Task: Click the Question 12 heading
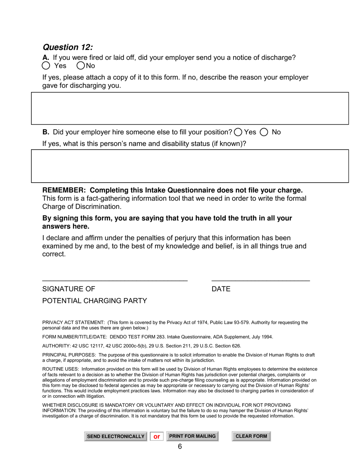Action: (67, 47)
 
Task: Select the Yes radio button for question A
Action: (46, 66)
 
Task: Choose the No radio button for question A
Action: (81, 66)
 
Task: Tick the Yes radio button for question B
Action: (238, 132)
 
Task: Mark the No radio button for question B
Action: (264, 132)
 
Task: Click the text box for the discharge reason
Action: (189, 108)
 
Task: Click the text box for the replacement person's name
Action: (189, 166)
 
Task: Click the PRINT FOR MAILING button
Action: (192, 436)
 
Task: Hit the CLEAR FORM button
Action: (251, 436)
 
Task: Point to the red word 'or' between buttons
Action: (157, 436)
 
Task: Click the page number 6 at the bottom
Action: (180, 447)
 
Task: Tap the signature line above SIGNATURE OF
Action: (115, 279)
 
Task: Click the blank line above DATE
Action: (260, 279)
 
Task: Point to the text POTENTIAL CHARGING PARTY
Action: (94, 301)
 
